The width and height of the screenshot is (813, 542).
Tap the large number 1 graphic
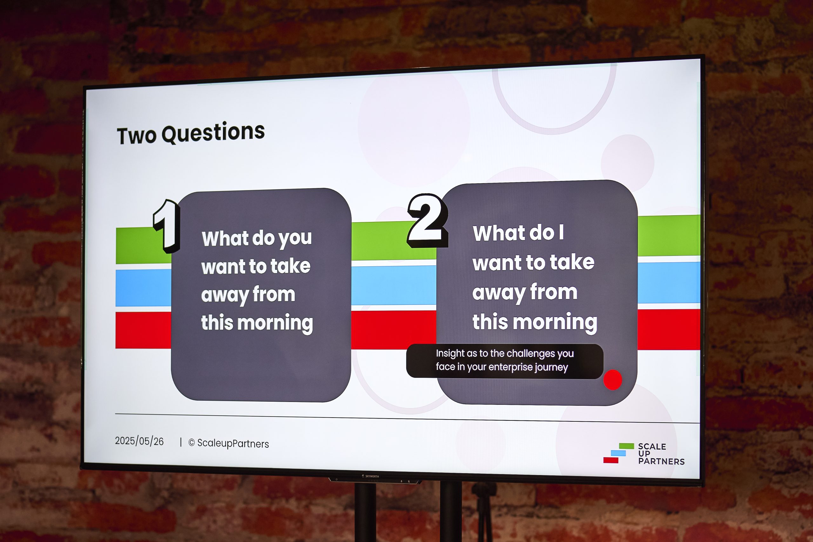(x=167, y=226)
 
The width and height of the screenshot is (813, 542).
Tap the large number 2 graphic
(x=428, y=221)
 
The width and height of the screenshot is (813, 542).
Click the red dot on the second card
(x=613, y=380)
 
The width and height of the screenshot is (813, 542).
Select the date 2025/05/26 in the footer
(x=139, y=441)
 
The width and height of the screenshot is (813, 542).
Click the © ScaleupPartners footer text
(x=228, y=443)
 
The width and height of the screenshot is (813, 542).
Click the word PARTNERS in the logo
(x=661, y=461)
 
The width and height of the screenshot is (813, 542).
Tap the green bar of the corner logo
(x=626, y=446)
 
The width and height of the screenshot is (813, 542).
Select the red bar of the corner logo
(x=611, y=460)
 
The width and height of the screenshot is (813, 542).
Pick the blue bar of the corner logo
(x=618, y=453)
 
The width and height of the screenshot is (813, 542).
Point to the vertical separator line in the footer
(x=181, y=442)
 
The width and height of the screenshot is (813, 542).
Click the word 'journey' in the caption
(x=552, y=367)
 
